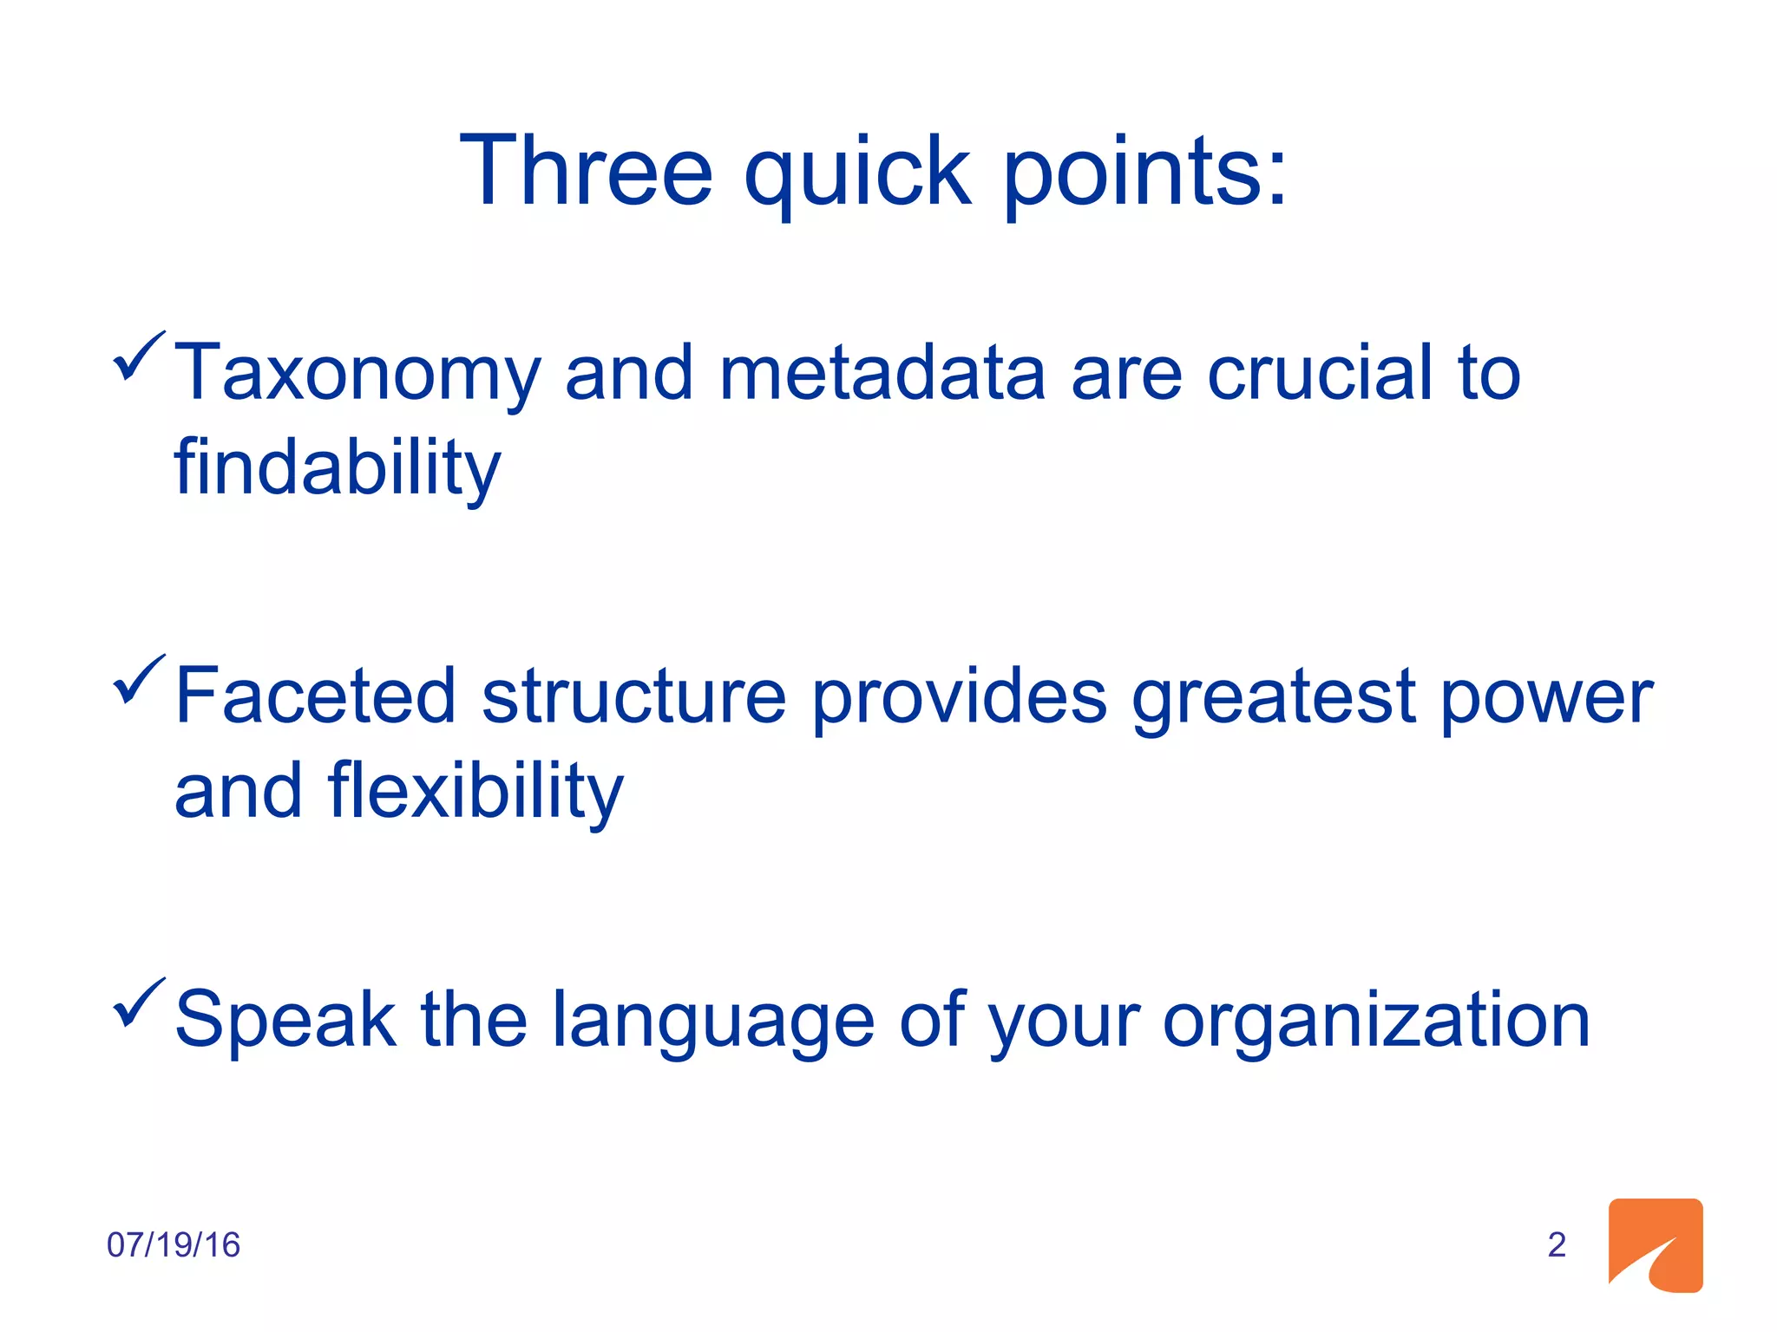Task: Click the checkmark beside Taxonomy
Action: (138, 356)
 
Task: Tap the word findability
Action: (337, 469)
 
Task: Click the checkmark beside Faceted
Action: (138, 680)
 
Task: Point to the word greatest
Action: (1273, 698)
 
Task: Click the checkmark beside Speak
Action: (138, 1003)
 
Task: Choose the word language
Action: (712, 1022)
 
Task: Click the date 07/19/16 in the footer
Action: (173, 1245)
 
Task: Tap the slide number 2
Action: (1557, 1245)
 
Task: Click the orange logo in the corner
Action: (1655, 1245)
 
